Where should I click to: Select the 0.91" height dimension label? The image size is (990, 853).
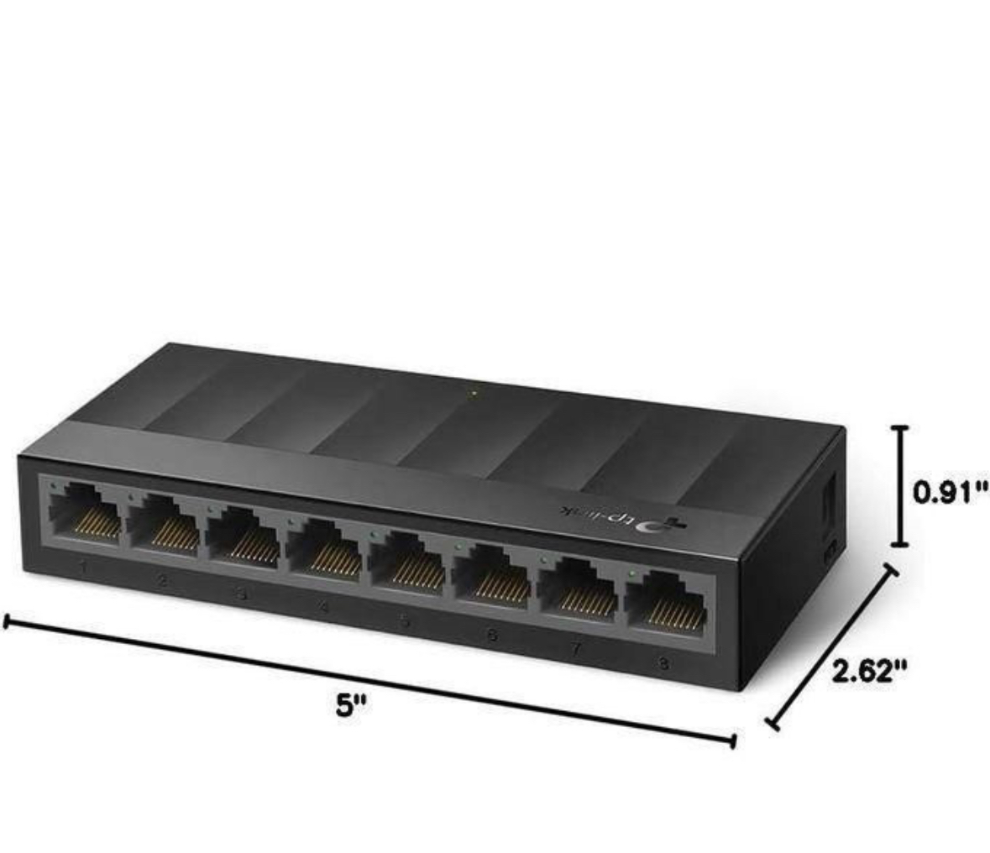[950, 492]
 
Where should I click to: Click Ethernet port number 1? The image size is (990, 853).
[84, 513]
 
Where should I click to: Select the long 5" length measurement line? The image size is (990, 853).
[369, 681]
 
